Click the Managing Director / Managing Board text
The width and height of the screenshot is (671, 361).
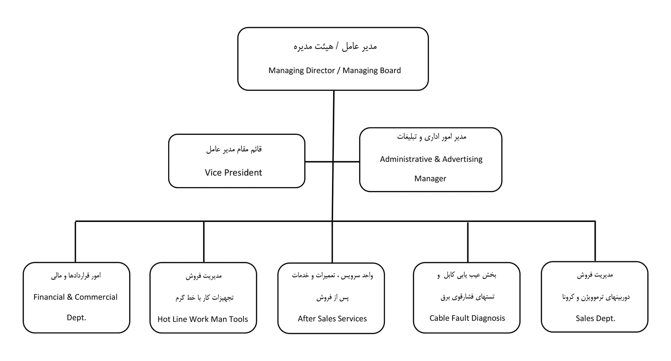coord(334,71)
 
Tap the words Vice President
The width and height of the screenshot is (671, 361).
coord(233,173)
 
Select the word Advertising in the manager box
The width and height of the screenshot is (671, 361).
coord(462,159)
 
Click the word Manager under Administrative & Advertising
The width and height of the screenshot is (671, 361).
coord(430,179)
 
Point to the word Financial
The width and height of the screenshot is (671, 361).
coord(49,297)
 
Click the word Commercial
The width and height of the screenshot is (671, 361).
coord(96,297)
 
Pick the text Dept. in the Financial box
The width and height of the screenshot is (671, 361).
coord(76,318)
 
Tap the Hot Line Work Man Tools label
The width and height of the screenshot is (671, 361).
coord(203,319)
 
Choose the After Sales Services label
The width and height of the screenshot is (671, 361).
coord(332,319)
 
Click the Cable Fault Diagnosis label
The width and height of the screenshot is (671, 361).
coord(467,318)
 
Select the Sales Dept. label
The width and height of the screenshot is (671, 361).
coord(595,319)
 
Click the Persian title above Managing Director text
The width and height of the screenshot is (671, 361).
coord(335,47)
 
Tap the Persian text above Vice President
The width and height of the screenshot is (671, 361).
coord(234,149)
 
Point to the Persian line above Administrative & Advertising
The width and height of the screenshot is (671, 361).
coord(432,137)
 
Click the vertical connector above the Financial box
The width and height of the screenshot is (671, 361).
coord(75,242)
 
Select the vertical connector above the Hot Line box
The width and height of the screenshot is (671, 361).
coord(204,242)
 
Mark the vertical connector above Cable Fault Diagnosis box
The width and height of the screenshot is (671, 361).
coord(468,242)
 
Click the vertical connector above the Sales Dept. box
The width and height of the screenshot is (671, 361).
coord(595,241)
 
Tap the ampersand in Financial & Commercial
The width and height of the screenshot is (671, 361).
coord(70,297)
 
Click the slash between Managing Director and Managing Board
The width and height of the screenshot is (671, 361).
coord(339,71)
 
